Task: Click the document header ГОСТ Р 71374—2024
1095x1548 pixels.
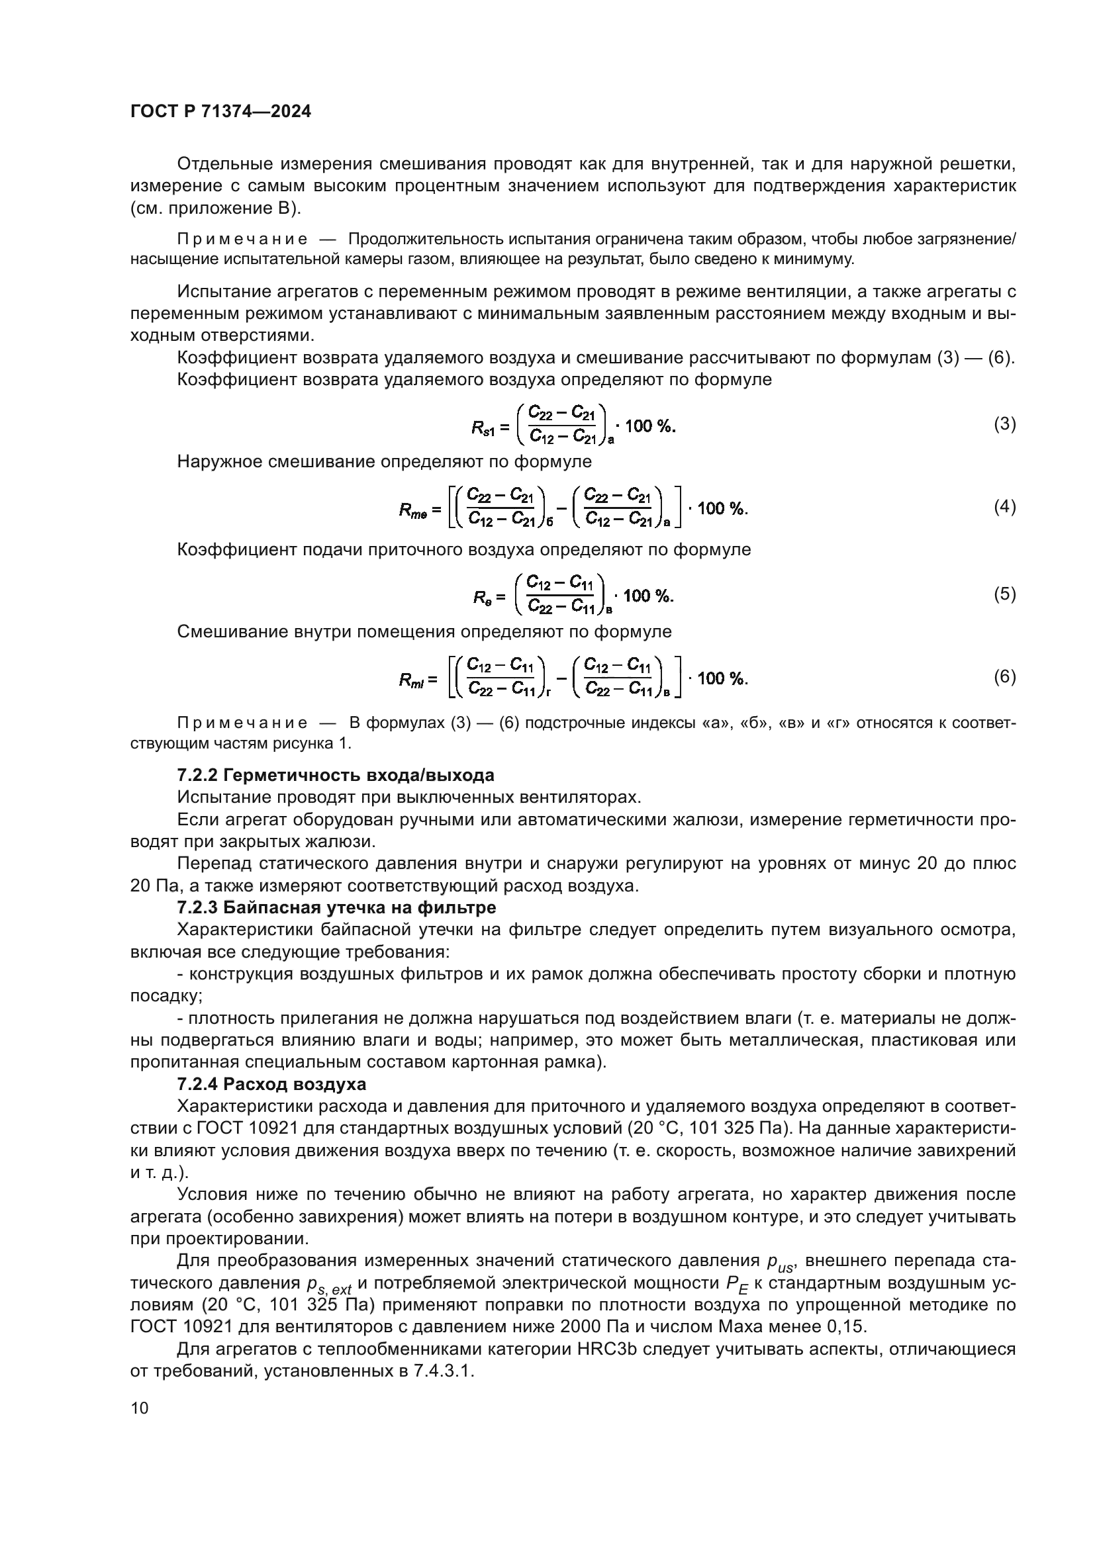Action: click(220, 112)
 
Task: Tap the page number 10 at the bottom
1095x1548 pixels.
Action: click(139, 1408)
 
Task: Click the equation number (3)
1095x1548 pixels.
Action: click(1004, 424)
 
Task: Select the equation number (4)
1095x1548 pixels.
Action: click(1004, 506)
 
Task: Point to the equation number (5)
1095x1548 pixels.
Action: click(1004, 594)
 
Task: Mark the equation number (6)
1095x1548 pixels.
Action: click(1004, 676)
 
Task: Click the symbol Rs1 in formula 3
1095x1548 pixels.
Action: click(483, 428)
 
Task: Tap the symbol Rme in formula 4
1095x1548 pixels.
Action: click(412, 510)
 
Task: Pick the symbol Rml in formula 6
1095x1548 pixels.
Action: click(411, 680)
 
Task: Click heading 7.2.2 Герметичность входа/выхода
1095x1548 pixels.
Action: click(335, 776)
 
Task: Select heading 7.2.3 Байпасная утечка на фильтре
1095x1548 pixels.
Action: click(336, 908)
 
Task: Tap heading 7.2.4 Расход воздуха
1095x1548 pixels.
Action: click(271, 1084)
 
